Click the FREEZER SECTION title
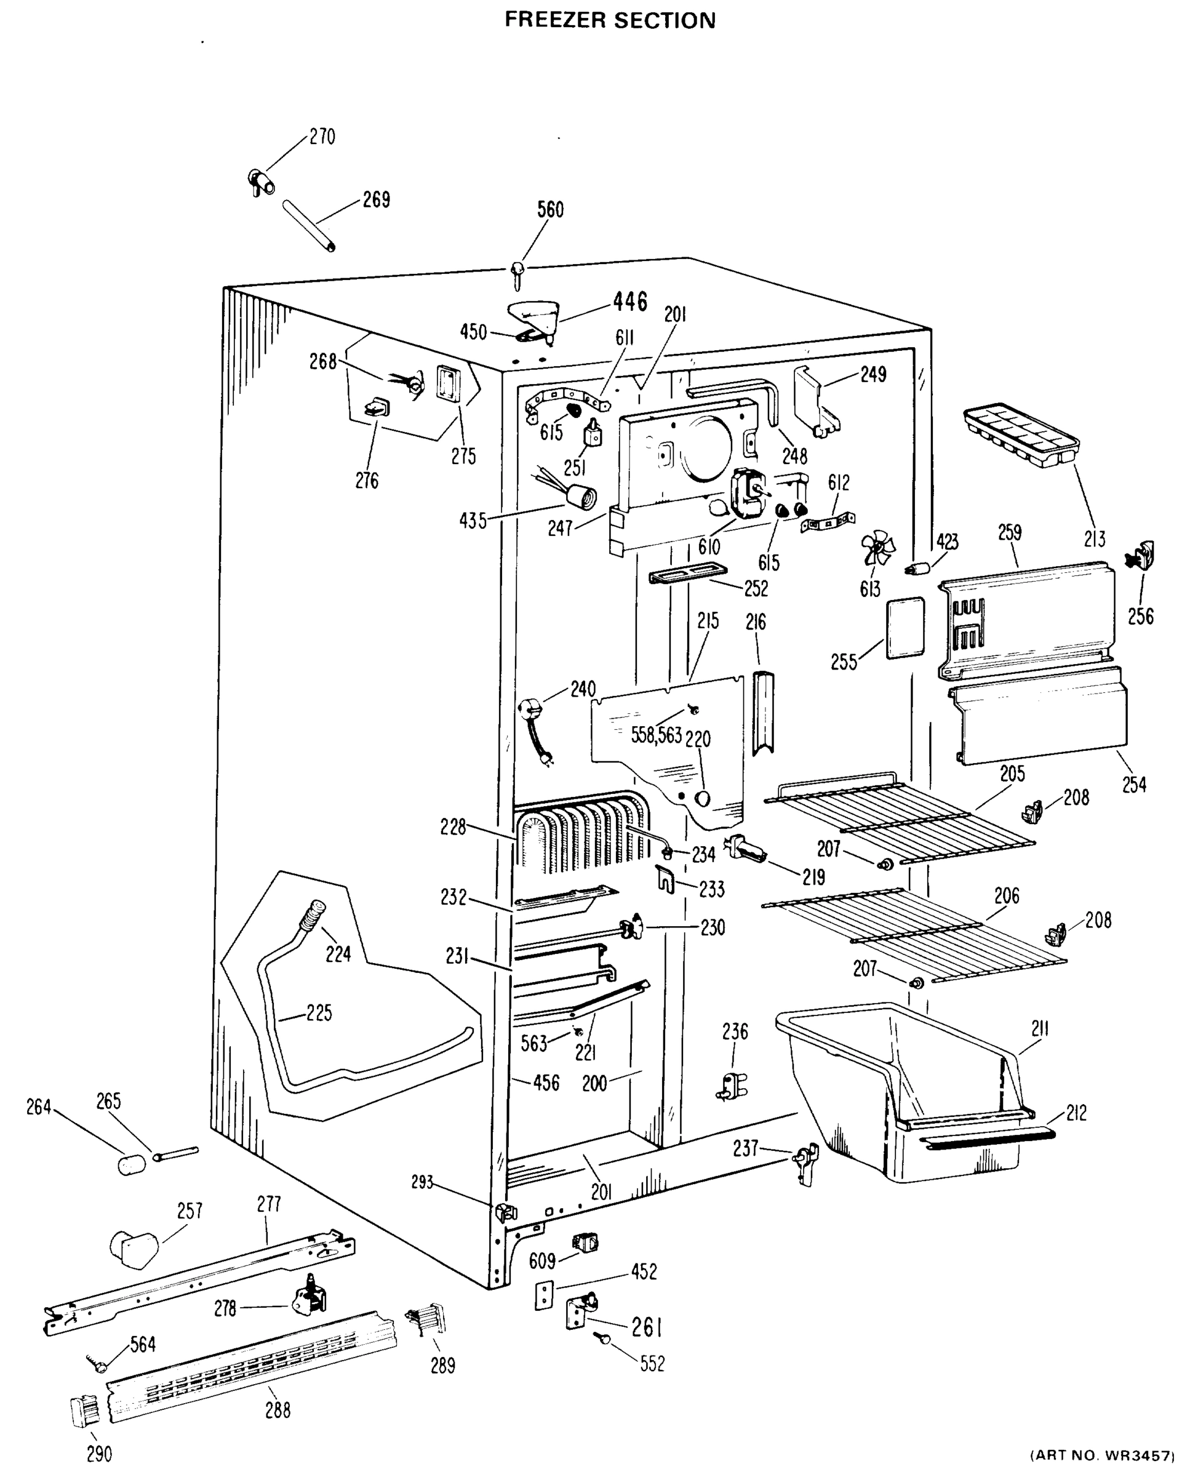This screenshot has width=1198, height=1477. tap(610, 20)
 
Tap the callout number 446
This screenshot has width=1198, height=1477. tap(630, 302)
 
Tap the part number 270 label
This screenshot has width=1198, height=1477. tap(322, 137)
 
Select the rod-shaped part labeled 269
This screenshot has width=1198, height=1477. tap(309, 226)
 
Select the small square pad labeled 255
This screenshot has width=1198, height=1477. tap(904, 627)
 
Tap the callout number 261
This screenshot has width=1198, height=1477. tap(647, 1327)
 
